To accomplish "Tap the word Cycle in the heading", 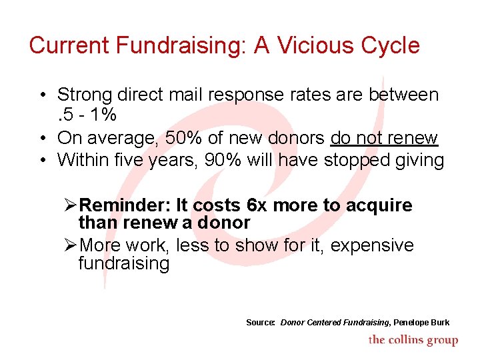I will pyautogui.click(x=390, y=45).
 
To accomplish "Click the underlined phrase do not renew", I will pyautogui.click(x=384, y=138).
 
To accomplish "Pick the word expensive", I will pyautogui.click(x=372, y=245).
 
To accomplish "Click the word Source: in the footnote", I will pyautogui.click(x=261, y=323).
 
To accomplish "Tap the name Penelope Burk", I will pyautogui.click(x=421, y=323).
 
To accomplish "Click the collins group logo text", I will pyautogui.click(x=413, y=340).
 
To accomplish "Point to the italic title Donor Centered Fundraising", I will pyautogui.click(x=335, y=323).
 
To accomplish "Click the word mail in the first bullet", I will pyautogui.click(x=185, y=95).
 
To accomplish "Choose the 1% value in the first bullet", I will pyautogui.click(x=104, y=115).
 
